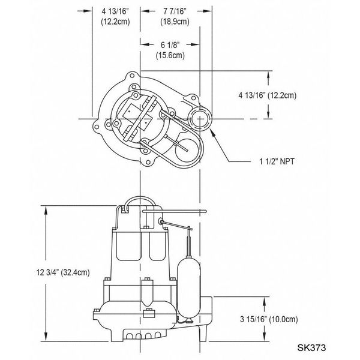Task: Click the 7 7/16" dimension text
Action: (x=176, y=10)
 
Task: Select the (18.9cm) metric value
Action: (x=176, y=22)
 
